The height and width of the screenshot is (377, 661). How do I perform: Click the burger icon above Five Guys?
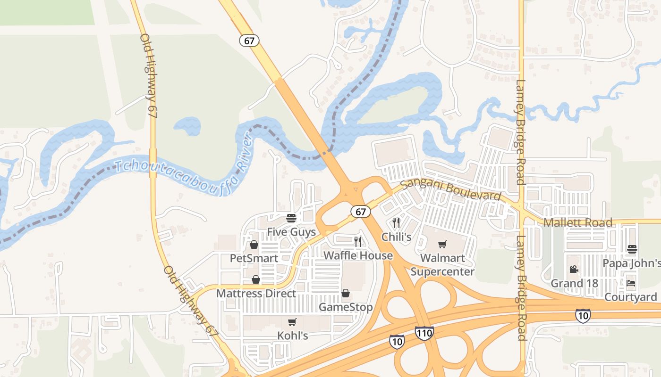(x=291, y=218)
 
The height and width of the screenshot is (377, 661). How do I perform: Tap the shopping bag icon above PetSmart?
(x=254, y=245)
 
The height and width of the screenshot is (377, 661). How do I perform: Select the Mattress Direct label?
(x=256, y=294)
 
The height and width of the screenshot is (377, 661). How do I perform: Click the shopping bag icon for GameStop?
(x=346, y=294)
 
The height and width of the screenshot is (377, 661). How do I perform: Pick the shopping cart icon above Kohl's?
(x=292, y=322)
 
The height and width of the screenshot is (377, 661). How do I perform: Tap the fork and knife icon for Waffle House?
(x=358, y=242)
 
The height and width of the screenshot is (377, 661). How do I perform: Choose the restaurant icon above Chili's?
(x=396, y=223)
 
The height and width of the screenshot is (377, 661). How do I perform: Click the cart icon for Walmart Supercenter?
(x=442, y=244)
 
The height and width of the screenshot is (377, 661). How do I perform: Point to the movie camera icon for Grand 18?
(x=574, y=270)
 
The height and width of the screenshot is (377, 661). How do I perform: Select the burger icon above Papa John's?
(x=632, y=249)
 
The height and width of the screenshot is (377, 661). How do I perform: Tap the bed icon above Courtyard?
(x=631, y=284)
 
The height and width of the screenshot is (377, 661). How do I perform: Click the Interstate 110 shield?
(x=424, y=333)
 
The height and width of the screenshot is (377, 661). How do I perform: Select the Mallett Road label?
(x=578, y=222)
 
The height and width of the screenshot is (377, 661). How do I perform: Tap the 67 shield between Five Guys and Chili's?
(x=361, y=212)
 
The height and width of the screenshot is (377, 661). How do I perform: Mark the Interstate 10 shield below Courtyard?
(x=583, y=316)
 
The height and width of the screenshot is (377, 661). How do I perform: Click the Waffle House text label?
(x=358, y=256)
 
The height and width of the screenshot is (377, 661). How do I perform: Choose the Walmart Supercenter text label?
(x=442, y=265)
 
